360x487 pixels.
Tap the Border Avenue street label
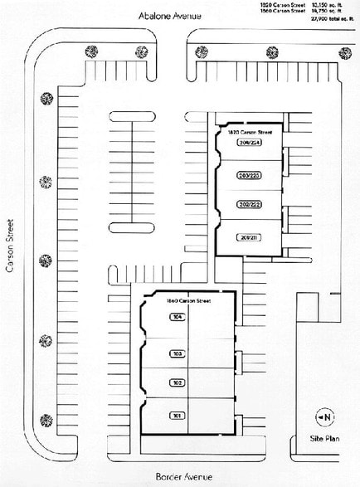pos(184,476)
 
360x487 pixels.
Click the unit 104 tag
pos(177,317)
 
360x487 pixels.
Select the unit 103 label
pos(177,353)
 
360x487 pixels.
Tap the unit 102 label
pos(177,382)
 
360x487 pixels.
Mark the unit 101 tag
pos(177,415)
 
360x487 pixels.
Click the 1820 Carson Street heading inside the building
pos(248,132)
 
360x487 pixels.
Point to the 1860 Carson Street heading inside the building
pos(188,300)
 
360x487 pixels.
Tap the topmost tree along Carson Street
pos(46,101)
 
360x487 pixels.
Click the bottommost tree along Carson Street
pos(46,420)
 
